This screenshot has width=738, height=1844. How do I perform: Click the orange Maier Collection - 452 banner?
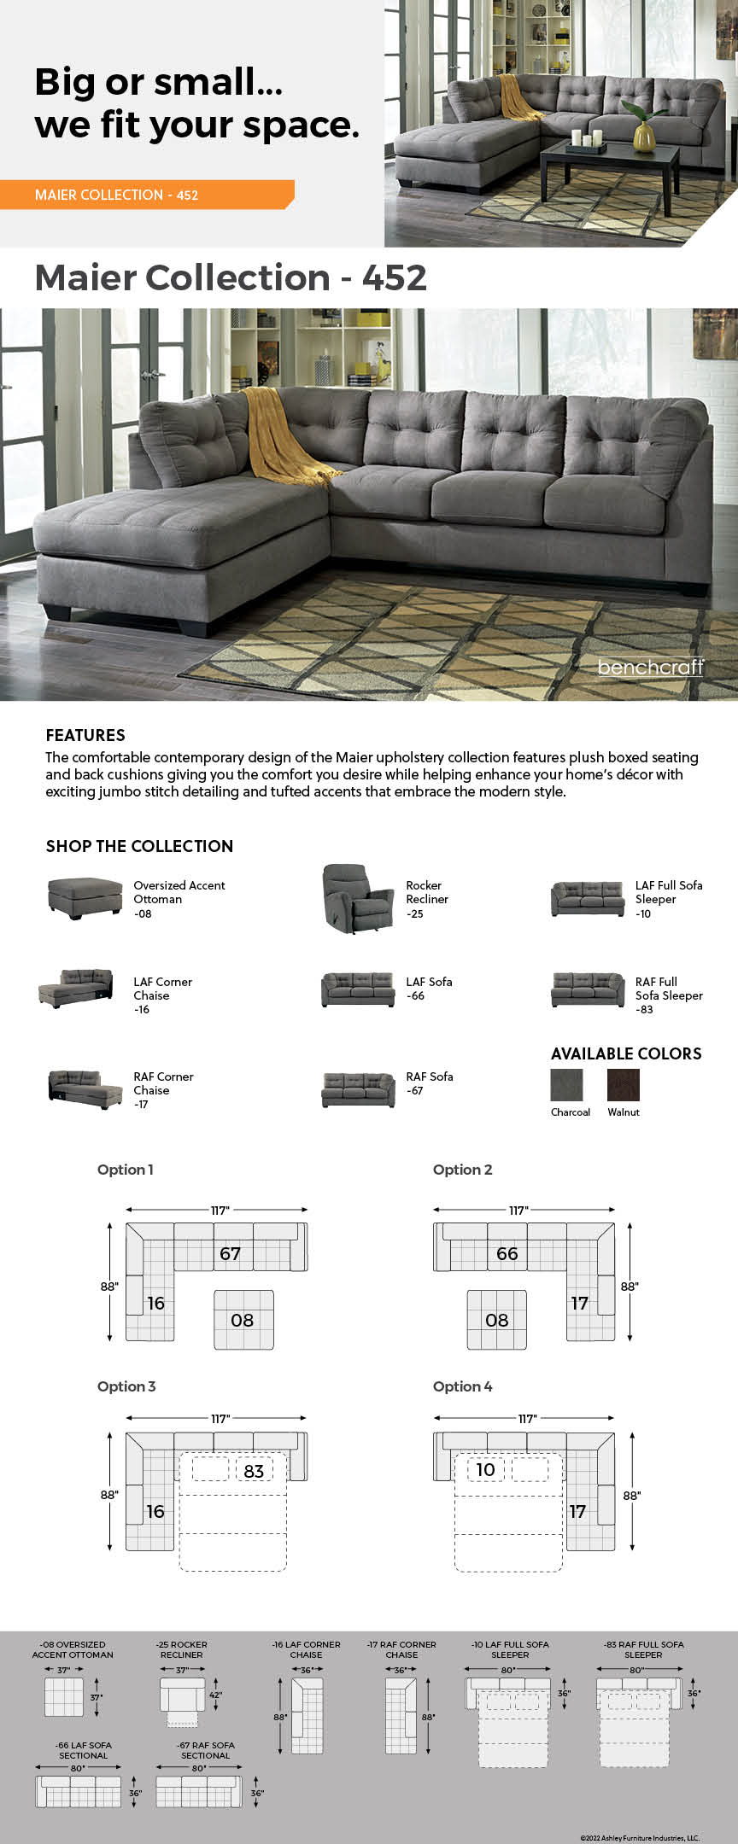[x=145, y=195]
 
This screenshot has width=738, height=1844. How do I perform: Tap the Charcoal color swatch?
[x=567, y=1085]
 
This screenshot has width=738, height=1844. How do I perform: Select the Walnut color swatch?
[x=623, y=1085]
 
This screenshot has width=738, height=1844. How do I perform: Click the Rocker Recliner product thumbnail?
[x=347, y=899]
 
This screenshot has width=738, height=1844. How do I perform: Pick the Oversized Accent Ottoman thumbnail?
[x=85, y=898]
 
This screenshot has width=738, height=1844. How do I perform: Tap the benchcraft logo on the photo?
[x=651, y=667]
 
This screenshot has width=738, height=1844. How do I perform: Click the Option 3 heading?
[x=126, y=1386]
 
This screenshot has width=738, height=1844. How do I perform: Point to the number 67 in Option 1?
[x=230, y=1253]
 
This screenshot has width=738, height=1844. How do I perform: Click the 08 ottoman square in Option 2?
[x=496, y=1320]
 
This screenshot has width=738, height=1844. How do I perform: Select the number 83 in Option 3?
[x=254, y=1471]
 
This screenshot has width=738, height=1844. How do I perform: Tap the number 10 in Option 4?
[x=485, y=1469]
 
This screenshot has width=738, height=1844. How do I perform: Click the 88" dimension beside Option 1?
[x=109, y=1286]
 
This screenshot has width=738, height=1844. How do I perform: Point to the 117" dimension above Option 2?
[x=518, y=1210]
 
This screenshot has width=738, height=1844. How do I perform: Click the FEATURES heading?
[x=85, y=735]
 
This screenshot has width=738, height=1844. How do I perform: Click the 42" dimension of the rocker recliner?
[x=215, y=1695]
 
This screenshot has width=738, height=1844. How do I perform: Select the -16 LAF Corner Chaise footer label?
[x=306, y=1649]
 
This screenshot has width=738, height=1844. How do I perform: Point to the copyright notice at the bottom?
[x=639, y=1838]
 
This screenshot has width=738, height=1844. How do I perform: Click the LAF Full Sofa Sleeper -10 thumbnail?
[x=588, y=899]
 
